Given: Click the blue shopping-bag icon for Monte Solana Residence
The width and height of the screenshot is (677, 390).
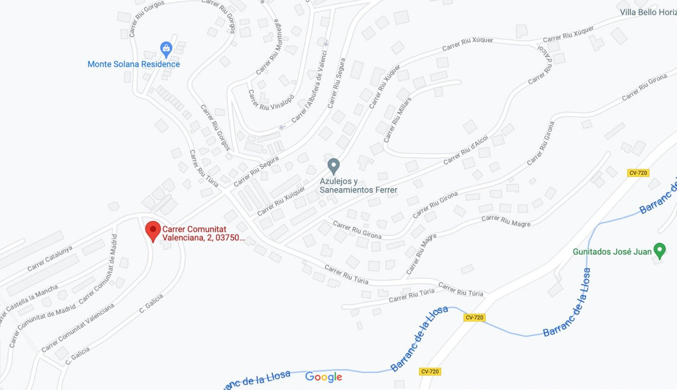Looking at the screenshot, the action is [166, 50].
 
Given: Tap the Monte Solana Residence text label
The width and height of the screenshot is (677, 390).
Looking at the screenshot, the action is [134, 64].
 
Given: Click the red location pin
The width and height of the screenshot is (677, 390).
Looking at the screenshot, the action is [152, 231].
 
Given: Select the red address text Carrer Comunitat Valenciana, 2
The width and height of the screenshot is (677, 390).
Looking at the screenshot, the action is [203, 233].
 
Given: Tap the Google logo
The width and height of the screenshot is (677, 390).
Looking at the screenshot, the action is [324, 376].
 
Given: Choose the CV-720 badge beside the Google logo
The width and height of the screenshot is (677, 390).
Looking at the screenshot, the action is [430, 371].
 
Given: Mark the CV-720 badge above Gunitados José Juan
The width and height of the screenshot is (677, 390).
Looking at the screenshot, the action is [638, 172].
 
